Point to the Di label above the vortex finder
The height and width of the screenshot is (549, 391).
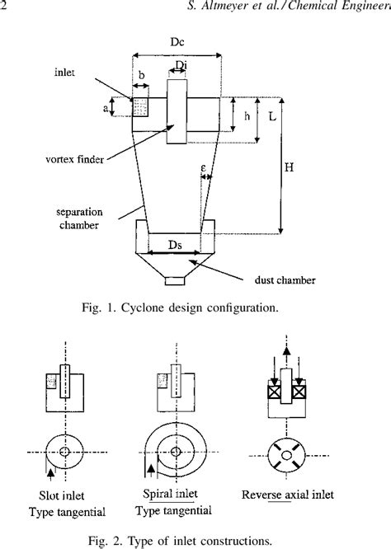(x=181, y=65)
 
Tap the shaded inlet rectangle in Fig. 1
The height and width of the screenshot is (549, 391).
(x=140, y=108)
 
